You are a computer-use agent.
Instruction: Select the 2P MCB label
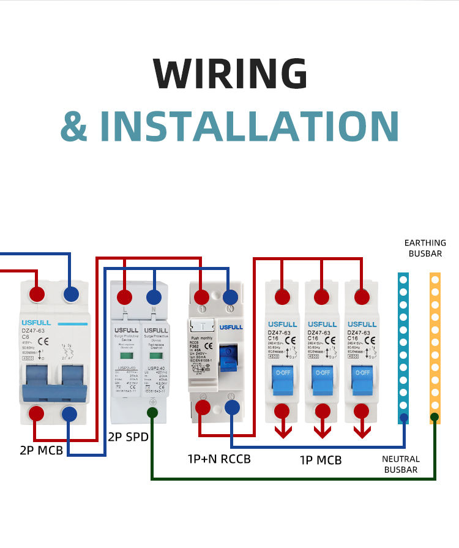pos(41,451)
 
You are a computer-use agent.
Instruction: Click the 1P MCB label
pos(321,460)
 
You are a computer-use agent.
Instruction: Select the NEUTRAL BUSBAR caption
pos(401,464)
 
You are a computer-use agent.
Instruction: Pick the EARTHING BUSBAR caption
pos(425,248)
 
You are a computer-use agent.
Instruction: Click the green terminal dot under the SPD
pos(152,414)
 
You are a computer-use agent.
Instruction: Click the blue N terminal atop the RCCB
pos(231,297)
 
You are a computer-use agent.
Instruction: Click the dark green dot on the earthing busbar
pos(435,418)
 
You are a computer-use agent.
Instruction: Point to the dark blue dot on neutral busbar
pos(403,419)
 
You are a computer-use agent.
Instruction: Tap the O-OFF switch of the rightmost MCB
pos(361,372)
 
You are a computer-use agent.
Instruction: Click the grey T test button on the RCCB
pos(202,325)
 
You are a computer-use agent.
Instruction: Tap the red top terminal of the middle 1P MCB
pos(321,296)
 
